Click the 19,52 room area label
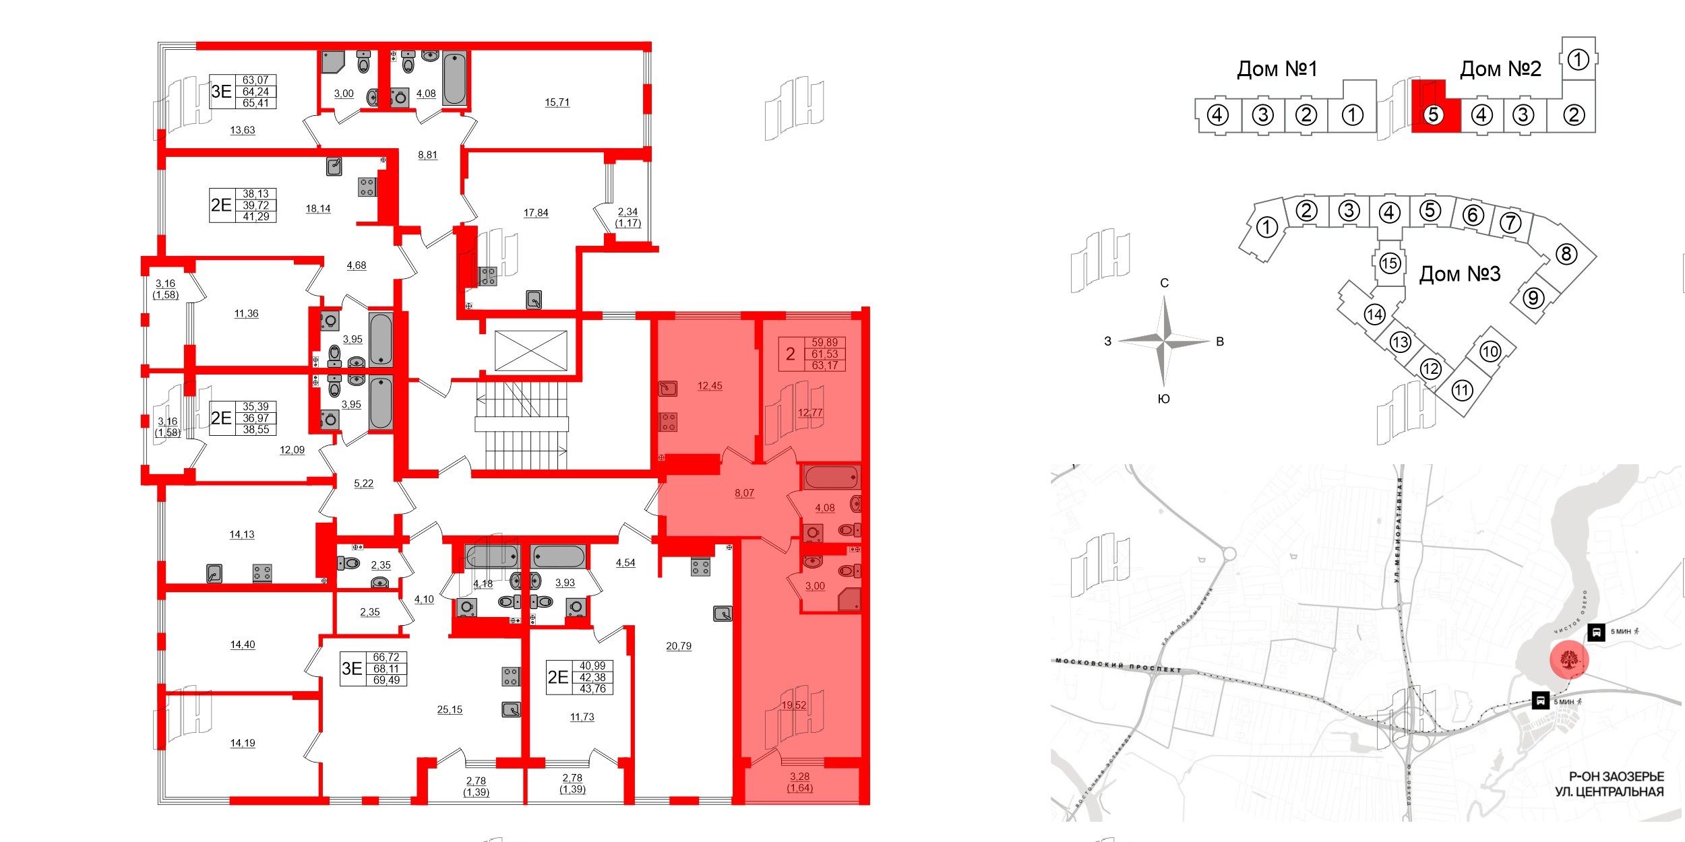point(794,705)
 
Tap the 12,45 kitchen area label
point(710,386)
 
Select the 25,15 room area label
point(450,709)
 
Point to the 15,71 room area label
point(557,102)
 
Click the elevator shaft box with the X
point(531,350)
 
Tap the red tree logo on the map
point(1569,659)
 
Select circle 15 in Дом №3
point(1389,263)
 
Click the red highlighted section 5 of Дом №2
point(1434,115)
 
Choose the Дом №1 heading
point(1277,69)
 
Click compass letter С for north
point(1164,283)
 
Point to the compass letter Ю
point(1163,399)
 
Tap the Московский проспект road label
point(1118,666)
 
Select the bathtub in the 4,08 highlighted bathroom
point(831,478)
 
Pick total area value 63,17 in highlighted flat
point(824,366)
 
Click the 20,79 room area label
point(679,646)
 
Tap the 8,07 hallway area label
point(744,493)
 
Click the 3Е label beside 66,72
point(352,668)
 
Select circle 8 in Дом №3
point(1566,254)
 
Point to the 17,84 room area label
point(536,213)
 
